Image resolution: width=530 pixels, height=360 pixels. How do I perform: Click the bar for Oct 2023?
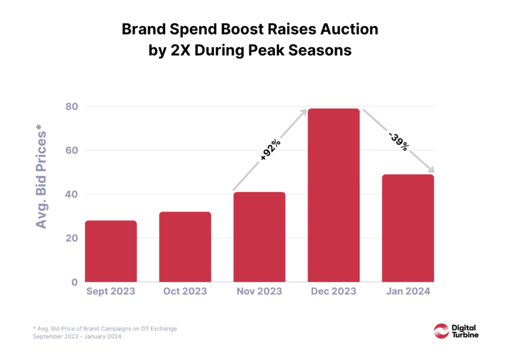tap(185, 247)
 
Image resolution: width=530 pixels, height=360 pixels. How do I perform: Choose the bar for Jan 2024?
tap(408, 228)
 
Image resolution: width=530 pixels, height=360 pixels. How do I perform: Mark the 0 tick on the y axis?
tap(73, 282)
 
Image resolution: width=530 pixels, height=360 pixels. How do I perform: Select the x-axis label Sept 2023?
tap(110, 291)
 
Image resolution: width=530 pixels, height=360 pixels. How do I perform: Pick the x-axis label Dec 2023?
tap(334, 291)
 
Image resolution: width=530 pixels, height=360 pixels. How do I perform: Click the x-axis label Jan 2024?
tap(408, 291)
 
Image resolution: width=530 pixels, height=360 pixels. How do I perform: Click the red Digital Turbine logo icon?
tap(442, 330)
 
